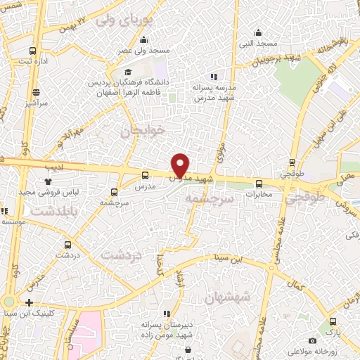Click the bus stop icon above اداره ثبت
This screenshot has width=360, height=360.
pyautogui.click(x=32, y=50)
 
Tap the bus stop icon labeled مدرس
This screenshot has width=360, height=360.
pyautogui.click(x=145, y=176)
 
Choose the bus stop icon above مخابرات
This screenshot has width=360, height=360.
pyautogui.click(x=259, y=184)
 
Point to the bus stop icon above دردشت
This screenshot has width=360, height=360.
pyautogui.click(x=67, y=245)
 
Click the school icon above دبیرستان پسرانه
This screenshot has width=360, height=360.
pyautogui.click(x=166, y=314)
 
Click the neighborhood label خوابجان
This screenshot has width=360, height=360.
pyautogui.click(x=142, y=130)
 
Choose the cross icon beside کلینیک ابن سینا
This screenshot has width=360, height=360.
pyautogui.click(x=29, y=302)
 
